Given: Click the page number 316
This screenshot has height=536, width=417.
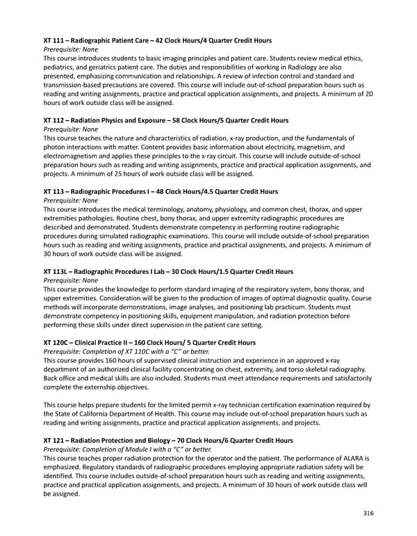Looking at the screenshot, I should (x=368, y=513).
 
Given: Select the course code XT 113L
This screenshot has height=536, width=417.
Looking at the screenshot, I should (x=58, y=271).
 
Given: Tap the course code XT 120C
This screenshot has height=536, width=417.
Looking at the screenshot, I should (x=58, y=342).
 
